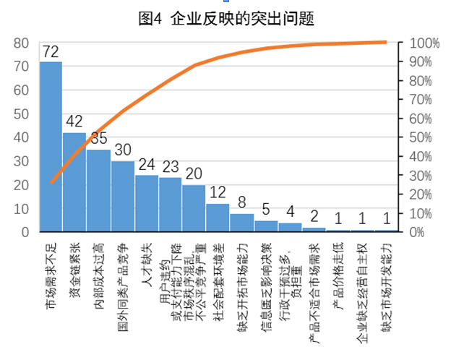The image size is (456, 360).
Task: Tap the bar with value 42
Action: coord(74,181)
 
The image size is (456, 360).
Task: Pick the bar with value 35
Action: coord(98,190)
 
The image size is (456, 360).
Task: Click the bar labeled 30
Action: coord(122,196)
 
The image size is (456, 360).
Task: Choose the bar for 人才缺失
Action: coord(146,203)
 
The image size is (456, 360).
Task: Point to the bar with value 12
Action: coord(218,218)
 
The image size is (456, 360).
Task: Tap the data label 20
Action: coord(194,174)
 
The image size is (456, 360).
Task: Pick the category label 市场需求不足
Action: coord(51,271)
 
